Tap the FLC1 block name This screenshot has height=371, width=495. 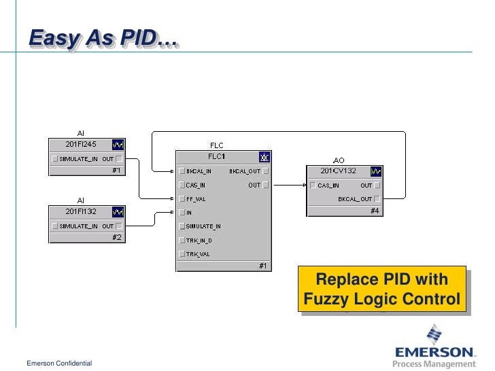coord(216,157)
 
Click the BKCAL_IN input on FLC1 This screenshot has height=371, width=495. coord(199,171)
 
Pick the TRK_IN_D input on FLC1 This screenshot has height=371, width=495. coord(199,240)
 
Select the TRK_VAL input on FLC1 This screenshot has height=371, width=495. coord(197,253)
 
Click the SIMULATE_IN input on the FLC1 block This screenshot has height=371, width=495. coord(203,226)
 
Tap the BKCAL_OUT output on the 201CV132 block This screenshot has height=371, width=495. coord(355,199)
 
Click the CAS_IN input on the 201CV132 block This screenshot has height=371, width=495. coord(328,185)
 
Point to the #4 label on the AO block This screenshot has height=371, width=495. coord(375,211)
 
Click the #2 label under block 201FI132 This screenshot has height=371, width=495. coord(116,237)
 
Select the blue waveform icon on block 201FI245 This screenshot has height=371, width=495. coord(118,145)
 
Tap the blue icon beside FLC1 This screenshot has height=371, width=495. coord(264,157)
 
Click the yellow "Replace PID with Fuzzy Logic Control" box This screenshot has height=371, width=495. coord(381,289)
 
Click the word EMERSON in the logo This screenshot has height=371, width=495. coord(435,352)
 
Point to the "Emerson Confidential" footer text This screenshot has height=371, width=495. coord(59,364)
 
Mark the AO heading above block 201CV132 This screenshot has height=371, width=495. coord(339,160)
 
